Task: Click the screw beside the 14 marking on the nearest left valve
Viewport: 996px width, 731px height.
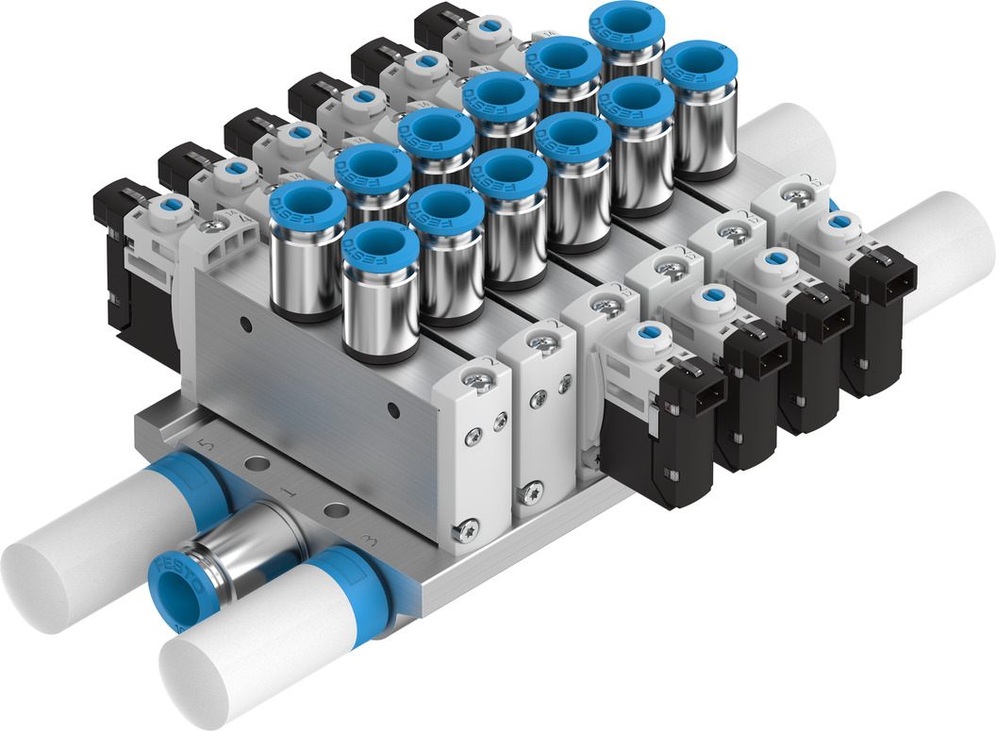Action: click(x=220, y=227)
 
